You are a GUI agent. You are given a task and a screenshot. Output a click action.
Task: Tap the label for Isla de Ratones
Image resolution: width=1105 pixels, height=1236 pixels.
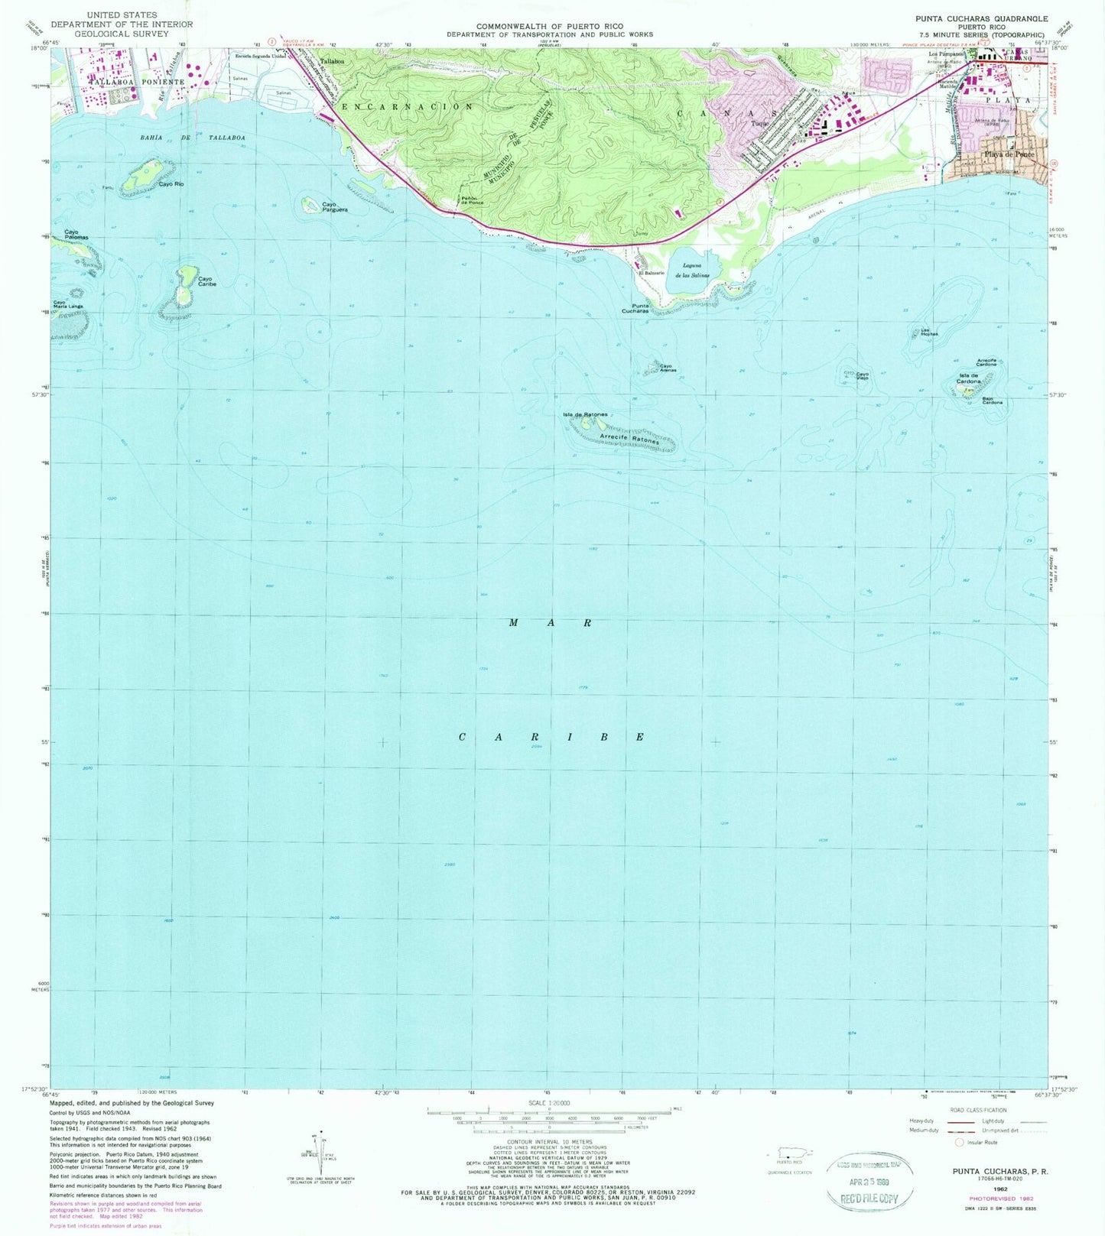585,414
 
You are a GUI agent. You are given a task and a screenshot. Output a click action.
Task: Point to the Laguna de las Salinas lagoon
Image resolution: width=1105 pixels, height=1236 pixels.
691,271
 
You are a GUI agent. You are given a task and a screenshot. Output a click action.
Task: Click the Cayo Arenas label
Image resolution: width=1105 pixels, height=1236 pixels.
668,368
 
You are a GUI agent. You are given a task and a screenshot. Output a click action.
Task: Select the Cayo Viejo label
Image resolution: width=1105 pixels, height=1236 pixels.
862,376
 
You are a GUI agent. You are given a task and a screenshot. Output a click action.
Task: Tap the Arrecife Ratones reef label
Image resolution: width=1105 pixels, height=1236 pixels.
629,440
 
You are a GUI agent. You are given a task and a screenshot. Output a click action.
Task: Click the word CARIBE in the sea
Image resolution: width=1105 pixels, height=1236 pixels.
551,737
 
